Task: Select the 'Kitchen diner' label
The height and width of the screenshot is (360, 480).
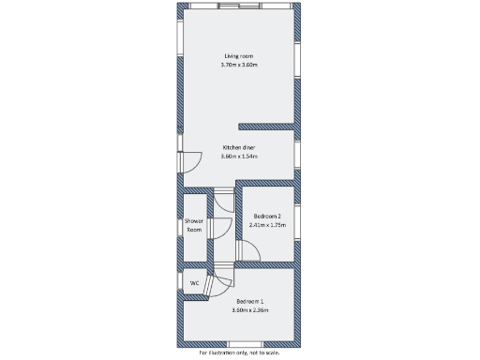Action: (238, 148)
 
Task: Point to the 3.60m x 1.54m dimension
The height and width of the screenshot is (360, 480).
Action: (238, 157)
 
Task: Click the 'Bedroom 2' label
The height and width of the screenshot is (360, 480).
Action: (266, 217)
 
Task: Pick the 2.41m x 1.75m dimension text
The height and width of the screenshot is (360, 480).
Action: (266, 225)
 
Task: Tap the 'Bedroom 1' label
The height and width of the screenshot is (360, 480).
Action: (249, 301)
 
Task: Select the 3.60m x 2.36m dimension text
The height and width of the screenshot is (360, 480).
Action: (249, 309)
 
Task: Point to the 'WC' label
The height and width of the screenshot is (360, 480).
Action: (194, 282)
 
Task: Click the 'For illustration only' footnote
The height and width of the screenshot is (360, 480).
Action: (239, 353)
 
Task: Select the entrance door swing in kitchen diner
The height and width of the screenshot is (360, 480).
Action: (188, 162)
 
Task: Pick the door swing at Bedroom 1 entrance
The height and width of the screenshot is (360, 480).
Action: (222, 284)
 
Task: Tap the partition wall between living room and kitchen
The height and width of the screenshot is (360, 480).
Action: (268, 125)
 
